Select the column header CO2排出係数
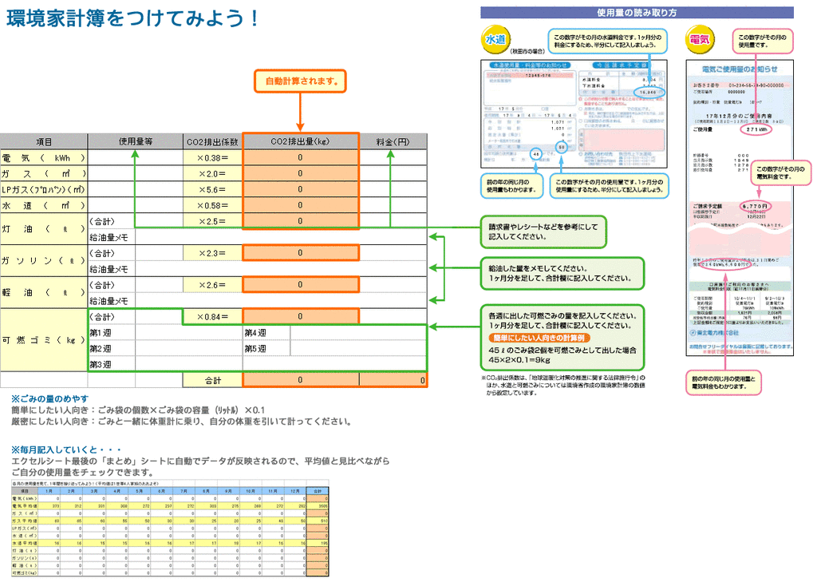212,141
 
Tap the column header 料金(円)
393,141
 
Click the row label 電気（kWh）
44,157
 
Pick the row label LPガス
44,189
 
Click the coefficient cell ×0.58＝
212,205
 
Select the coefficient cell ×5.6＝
212,189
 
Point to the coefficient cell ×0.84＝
212,317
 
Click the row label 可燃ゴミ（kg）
44,340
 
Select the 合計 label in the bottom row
212,380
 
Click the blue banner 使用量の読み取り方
637,13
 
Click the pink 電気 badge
700,39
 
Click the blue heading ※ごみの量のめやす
49,398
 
